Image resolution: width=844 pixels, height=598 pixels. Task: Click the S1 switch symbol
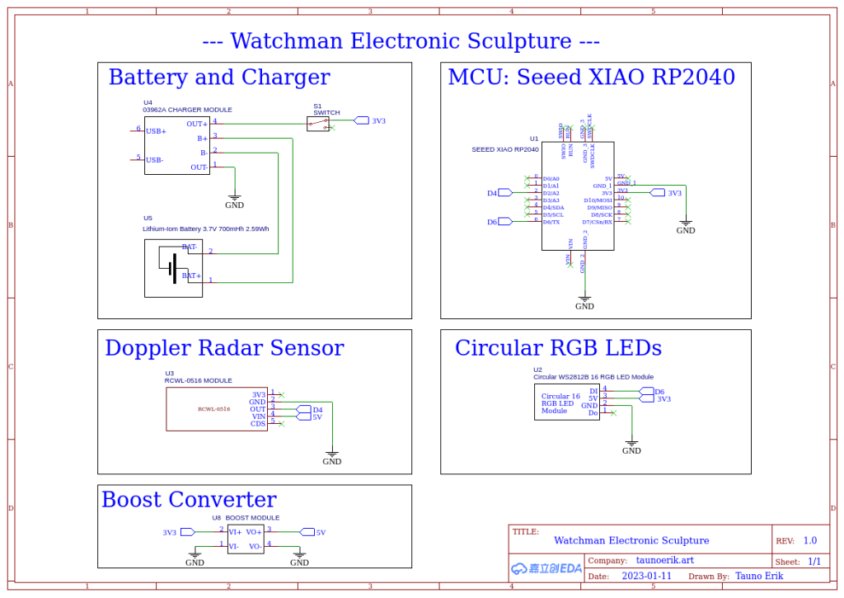(318, 124)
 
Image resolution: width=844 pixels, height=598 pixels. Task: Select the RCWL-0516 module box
(217, 409)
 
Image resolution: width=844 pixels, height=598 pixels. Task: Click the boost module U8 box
(246, 539)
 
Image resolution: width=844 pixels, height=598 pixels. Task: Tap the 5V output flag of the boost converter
(307, 532)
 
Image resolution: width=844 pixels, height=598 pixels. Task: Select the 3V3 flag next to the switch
(362, 120)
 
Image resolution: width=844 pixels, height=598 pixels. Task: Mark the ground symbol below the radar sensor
(331, 454)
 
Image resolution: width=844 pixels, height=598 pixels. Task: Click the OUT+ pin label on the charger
(197, 124)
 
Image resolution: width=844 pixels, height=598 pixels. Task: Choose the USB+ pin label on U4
(156, 131)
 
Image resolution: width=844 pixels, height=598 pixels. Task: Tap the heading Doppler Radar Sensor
(224, 348)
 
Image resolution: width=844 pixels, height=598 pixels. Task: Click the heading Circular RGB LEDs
(558, 348)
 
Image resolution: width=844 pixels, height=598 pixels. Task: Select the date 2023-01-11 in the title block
(646, 576)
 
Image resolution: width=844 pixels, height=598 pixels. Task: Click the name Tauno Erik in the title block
(759, 576)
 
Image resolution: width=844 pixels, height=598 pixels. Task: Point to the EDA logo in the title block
(546, 568)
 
